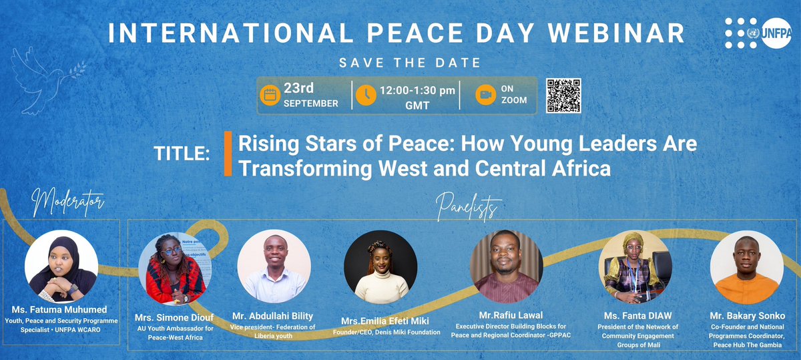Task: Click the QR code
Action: click(x=563, y=96)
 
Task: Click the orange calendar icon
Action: click(x=270, y=95)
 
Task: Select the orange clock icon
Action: click(x=365, y=95)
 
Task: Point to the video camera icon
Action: click(x=485, y=95)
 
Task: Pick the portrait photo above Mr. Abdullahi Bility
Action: click(x=274, y=267)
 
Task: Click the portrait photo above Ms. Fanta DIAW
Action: click(x=630, y=267)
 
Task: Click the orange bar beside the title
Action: click(x=228, y=154)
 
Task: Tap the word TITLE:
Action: click(x=182, y=154)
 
